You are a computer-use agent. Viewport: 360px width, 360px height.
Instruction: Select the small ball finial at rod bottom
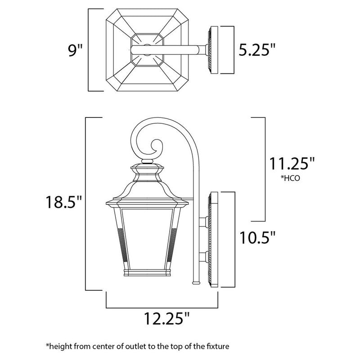pos(195,283)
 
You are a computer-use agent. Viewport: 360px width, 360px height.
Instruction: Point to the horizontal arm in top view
pos(180,49)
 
